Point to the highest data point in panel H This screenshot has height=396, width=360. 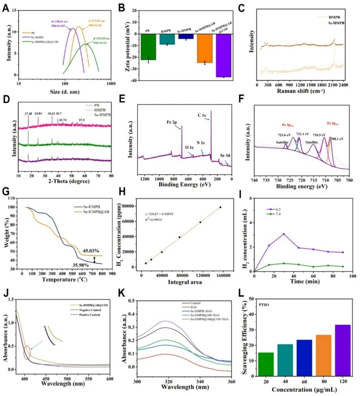220,207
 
